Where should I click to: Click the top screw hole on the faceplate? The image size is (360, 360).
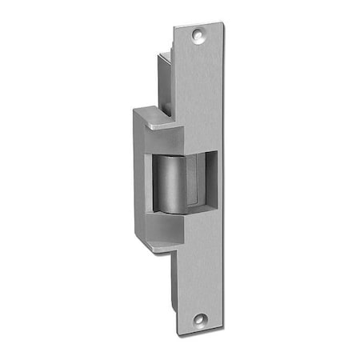coord(198,35)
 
